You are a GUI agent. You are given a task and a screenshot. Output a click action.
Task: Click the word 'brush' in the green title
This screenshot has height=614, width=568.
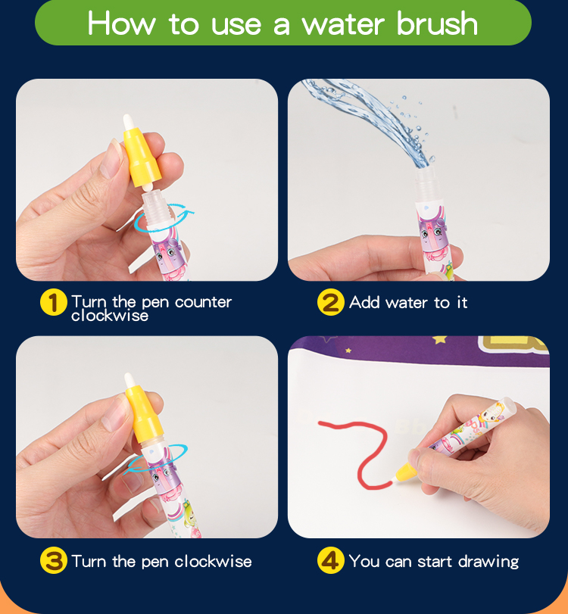coord(437,23)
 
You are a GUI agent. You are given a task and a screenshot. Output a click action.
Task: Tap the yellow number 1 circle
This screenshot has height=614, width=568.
coord(54,302)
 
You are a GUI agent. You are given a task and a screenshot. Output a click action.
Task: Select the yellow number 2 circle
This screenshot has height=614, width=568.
coord(331,302)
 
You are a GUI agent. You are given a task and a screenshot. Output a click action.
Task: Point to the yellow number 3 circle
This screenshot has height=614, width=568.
coord(54,561)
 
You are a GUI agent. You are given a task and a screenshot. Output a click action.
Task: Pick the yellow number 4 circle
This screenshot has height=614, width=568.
coord(331,561)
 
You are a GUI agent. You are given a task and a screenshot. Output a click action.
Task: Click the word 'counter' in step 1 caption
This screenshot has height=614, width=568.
coord(203,302)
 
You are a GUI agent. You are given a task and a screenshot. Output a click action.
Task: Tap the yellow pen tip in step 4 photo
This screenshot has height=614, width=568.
coord(405,472)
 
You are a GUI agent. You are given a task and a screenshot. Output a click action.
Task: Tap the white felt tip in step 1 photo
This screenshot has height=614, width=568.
coord(128,122)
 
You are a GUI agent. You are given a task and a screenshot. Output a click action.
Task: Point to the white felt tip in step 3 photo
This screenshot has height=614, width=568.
coord(130,381)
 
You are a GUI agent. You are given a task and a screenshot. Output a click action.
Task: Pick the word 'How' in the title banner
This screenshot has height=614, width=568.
coord(121,23)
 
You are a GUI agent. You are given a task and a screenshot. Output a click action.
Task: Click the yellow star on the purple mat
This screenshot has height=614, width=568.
coord(439,339)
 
